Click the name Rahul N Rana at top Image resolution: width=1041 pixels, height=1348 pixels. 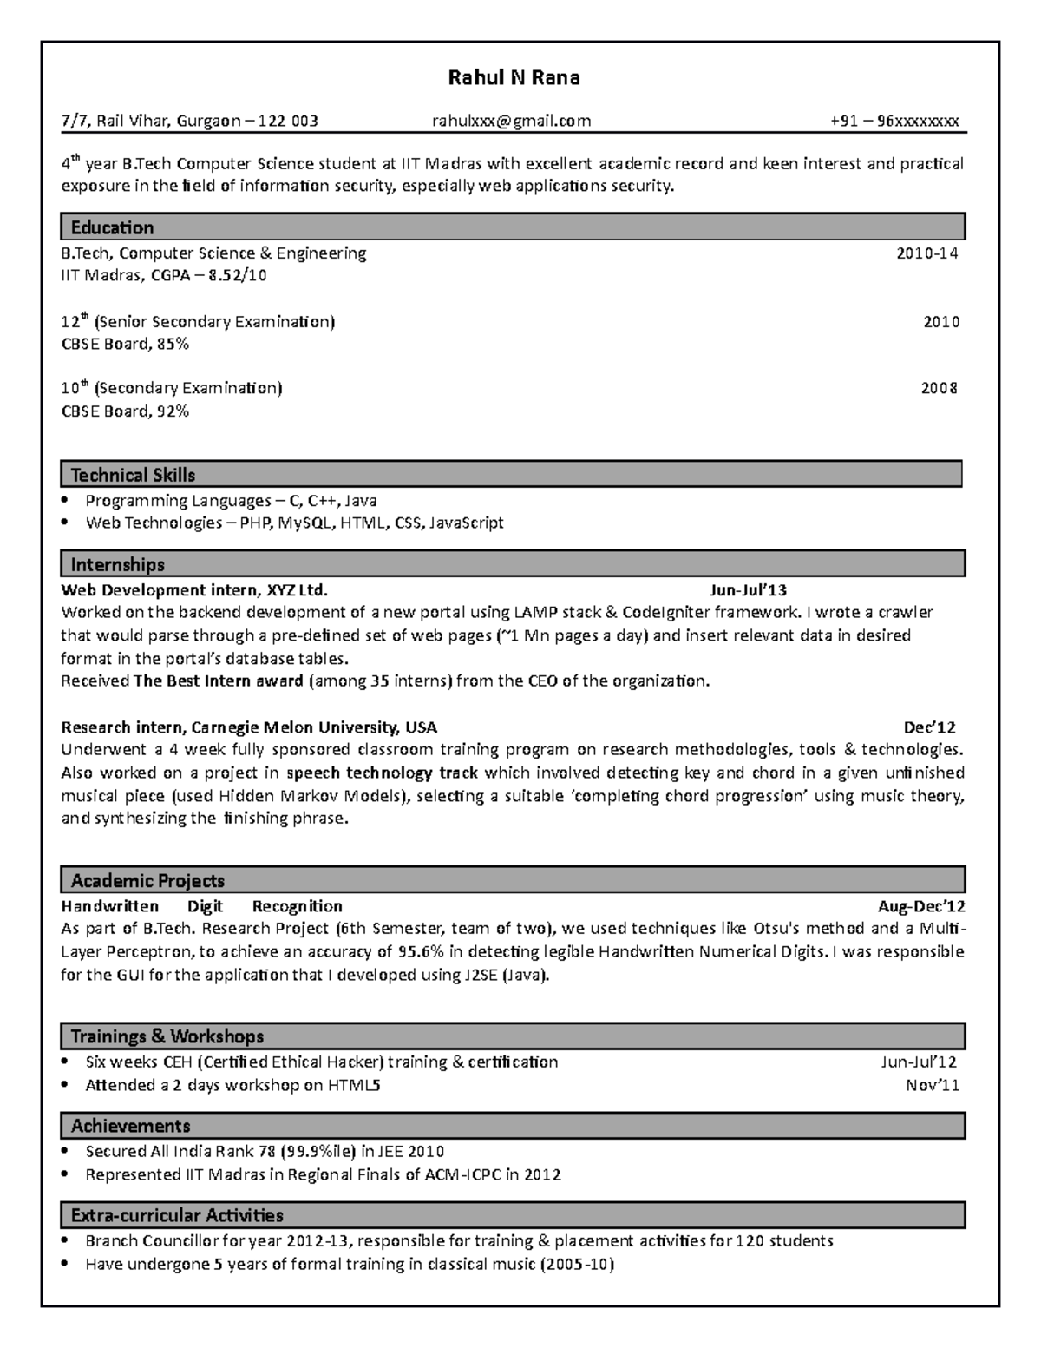[x=514, y=78]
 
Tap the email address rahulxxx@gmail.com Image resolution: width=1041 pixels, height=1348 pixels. [x=511, y=121]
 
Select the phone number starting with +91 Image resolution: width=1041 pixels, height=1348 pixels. [x=894, y=121]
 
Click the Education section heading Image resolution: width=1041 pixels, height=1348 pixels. [x=112, y=227]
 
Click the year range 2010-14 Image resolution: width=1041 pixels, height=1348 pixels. [x=926, y=253]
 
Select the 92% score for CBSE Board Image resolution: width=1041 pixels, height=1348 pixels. [x=173, y=411]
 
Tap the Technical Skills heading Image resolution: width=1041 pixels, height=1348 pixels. [x=133, y=475]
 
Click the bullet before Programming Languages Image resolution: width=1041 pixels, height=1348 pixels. [x=66, y=501]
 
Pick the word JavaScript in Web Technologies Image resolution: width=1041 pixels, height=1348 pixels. [x=466, y=523]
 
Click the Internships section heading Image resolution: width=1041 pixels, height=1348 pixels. [x=117, y=565]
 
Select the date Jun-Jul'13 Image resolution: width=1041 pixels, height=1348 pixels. [x=748, y=590]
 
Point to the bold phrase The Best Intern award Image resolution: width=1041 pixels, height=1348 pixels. [x=219, y=681]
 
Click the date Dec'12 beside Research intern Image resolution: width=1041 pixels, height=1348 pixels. [x=929, y=727]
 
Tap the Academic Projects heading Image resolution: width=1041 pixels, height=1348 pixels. [x=147, y=881]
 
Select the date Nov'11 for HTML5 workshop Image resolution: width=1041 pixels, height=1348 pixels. [x=932, y=1085]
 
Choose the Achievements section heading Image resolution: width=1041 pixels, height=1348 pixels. [x=130, y=1126]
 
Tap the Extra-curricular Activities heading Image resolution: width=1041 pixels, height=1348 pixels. [x=177, y=1215]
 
